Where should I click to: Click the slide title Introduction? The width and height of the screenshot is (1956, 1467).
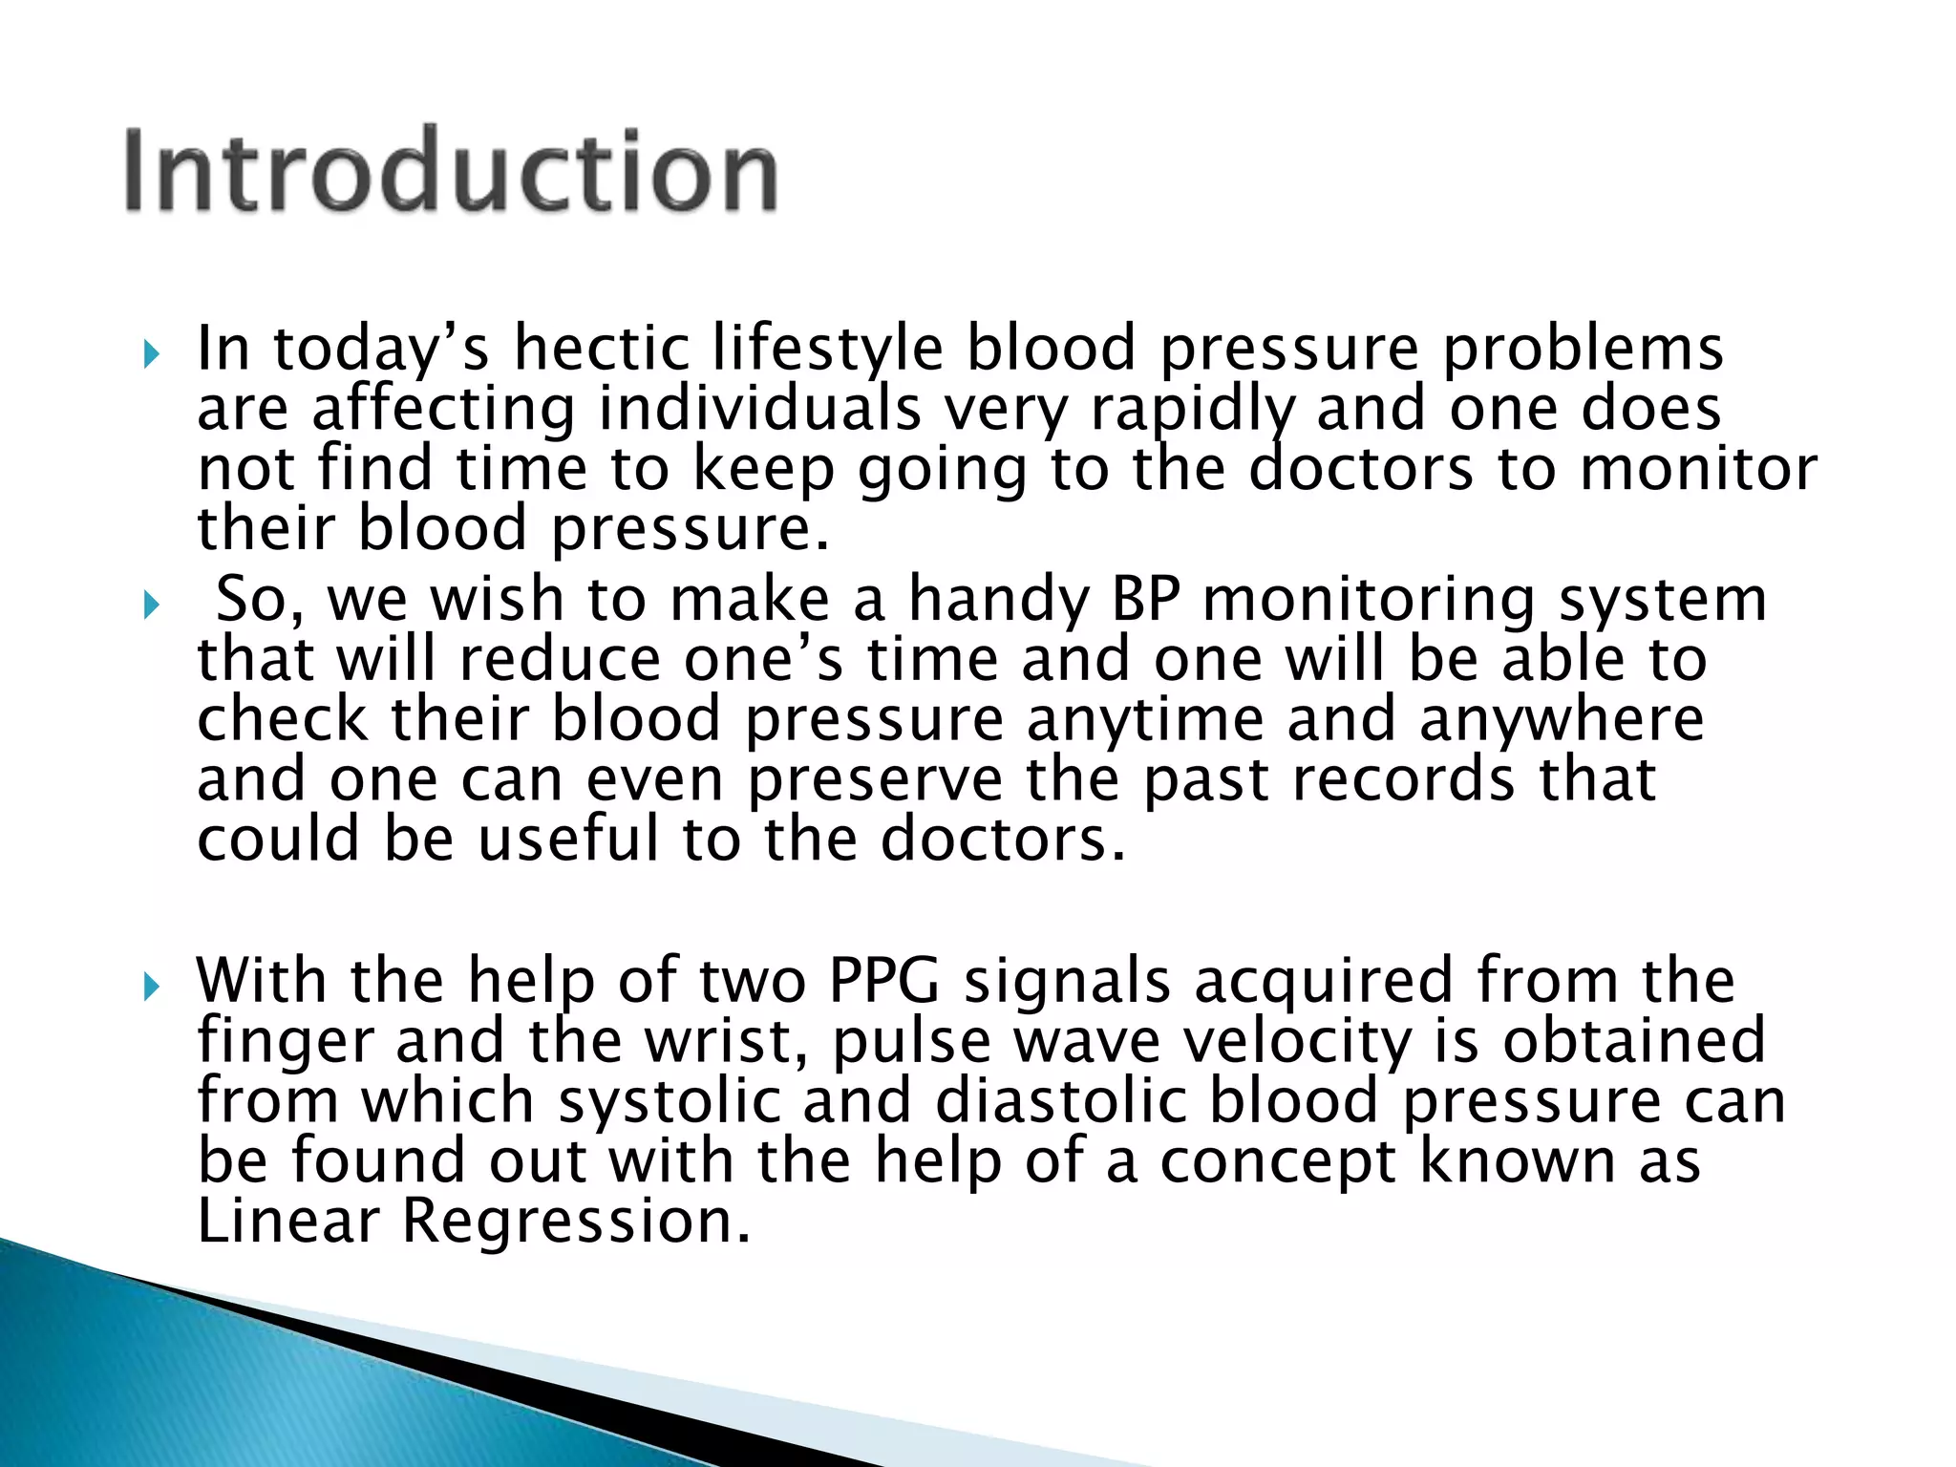[x=451, y=172]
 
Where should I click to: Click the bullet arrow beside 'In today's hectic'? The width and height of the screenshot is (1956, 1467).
[x=151, y=356]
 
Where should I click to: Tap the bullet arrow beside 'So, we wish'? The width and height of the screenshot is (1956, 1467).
[x=151, y=606]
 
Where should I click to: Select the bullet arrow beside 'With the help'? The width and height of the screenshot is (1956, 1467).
[x=151, y=988]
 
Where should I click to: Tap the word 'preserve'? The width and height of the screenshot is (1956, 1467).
[x=875, y=781]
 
